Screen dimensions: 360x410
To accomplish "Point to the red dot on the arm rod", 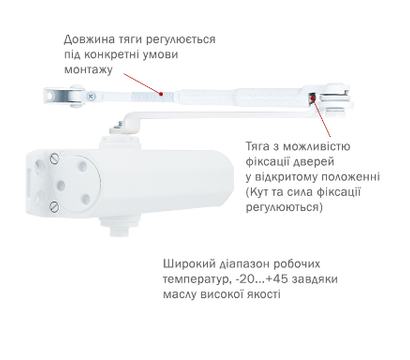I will pos(161,88).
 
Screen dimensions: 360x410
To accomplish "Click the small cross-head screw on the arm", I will pos(92,97).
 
